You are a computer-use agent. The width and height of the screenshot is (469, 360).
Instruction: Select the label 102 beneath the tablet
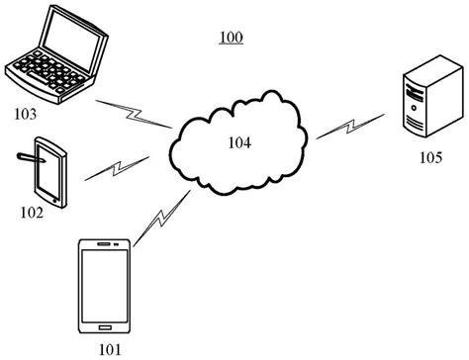(33, 212)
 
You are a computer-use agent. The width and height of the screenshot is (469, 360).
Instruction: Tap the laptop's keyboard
(45, 71)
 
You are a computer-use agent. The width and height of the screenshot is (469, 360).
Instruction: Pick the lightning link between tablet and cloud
(117, 168)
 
